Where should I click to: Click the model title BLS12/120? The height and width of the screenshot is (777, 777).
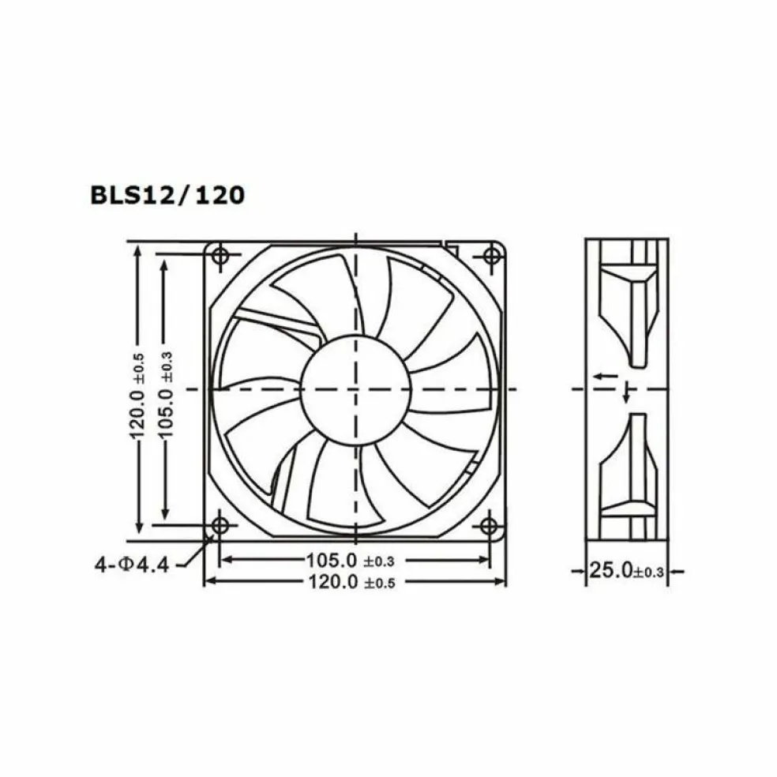[167, 194]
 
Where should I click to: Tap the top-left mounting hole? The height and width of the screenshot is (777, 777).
[220, 255]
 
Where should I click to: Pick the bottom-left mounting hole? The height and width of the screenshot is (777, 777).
[220, 524]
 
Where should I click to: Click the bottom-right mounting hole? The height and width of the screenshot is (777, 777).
[489, 524]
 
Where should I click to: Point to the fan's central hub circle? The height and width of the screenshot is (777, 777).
[355, 389]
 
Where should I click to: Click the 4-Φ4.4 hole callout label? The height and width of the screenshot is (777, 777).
[132, 565]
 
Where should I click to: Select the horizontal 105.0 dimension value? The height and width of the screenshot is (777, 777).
[332, 561]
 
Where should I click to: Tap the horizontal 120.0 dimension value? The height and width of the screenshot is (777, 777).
[332, 582]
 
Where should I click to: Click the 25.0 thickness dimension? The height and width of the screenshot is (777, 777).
[611, 569]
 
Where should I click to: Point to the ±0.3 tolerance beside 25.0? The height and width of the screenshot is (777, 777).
[648, 571]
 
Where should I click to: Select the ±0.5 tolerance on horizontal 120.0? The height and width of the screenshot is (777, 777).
[378, 584]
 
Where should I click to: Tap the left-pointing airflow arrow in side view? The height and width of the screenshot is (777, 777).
[606, 377]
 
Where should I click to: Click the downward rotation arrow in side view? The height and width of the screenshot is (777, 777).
[627, 393]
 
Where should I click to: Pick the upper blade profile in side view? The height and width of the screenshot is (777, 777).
[629, 312]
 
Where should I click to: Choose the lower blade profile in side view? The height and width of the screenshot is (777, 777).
[629, 466]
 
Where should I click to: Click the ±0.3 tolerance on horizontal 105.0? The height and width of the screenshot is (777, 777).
[378, 562]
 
